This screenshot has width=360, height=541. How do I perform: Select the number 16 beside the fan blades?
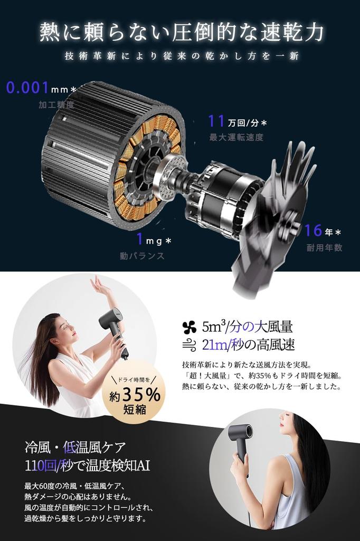(313, 230)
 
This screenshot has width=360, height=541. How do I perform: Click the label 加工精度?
(56, 105)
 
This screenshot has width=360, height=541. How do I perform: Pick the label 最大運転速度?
(236, 138)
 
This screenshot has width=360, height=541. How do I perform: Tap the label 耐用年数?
(324, 247)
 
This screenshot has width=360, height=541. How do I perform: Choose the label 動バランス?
(142, 256)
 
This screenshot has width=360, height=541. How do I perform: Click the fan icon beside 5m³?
(188, 327)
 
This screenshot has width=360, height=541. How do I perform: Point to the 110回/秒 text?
(52, 466)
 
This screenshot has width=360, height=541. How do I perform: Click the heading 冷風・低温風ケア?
(75, 448)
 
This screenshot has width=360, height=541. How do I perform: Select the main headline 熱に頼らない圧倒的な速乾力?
(181, 32)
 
